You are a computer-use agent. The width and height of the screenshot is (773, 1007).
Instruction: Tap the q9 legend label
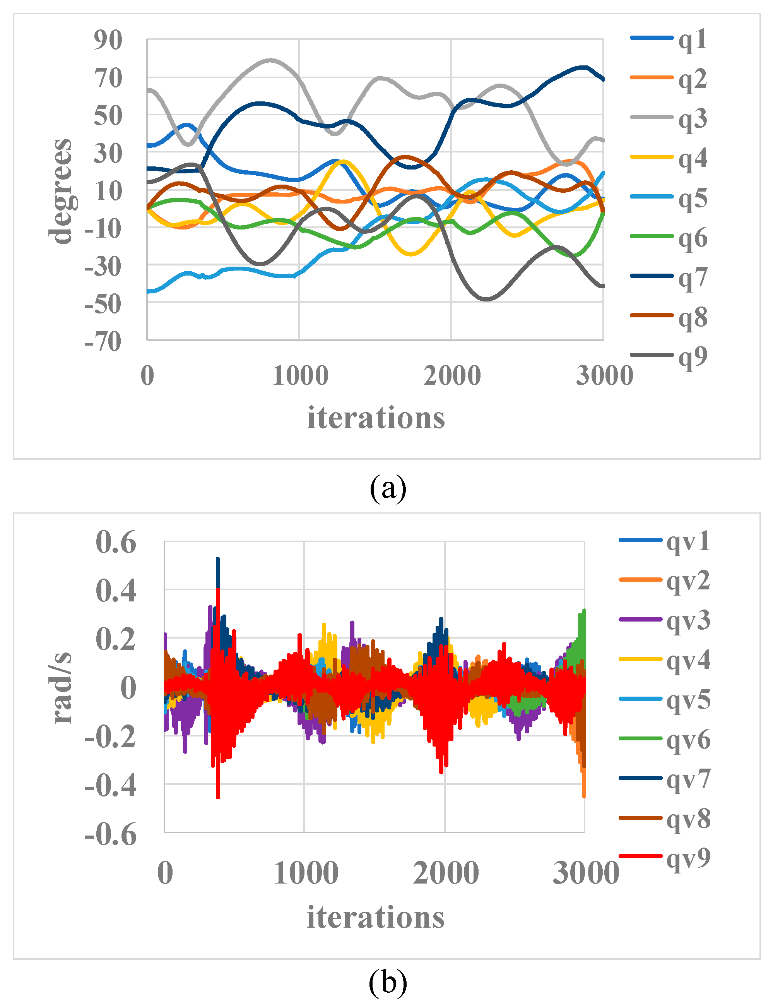click(692, 357)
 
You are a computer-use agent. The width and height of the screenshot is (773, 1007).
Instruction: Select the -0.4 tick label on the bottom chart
click(110, 786)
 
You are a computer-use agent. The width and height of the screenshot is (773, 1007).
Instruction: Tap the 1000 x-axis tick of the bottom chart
click(306, 873)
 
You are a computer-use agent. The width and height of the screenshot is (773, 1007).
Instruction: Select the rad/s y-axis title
click(62, 688)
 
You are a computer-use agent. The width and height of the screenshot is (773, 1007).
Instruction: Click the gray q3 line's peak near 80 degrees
click(270, 60)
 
